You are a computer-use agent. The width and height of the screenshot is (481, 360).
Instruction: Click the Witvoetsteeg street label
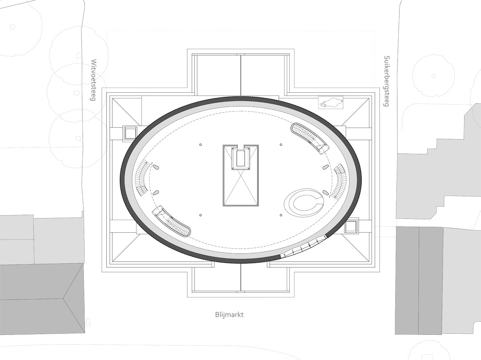click(x=94, y=80)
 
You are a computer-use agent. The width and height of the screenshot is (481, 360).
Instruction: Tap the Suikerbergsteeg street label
click(x=387, y=81)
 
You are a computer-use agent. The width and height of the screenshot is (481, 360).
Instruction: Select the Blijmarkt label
click(x=229, y=315)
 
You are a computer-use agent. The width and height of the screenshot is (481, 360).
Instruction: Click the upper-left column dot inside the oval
click(x=201, y=145)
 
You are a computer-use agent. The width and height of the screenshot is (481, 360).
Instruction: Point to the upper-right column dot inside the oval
click(x=281, y=145)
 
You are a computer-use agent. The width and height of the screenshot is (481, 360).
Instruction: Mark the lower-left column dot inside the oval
click(x=201, y=215)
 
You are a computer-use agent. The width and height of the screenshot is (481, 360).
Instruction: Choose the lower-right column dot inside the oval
click(x=281, y=215)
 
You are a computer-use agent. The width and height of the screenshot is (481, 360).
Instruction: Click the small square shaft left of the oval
click(x=130, y=133)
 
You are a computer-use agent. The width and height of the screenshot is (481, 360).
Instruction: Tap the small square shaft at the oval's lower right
click(x=351, y=226)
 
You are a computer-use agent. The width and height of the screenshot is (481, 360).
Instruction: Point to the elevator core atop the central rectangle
click(x=241, y=158)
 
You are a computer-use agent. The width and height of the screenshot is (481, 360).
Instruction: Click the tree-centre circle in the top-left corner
click(x=12, y=27)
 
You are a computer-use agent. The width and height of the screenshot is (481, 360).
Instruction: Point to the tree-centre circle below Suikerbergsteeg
click(x=433, y=76)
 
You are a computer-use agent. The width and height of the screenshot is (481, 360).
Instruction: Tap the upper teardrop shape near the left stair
click(x=156, y=167)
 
